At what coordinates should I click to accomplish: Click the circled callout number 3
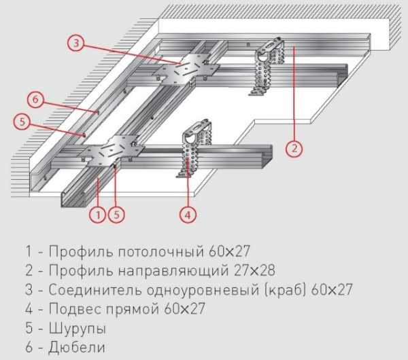[76, 43]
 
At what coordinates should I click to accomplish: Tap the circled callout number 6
[35, 98]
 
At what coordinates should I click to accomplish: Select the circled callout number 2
[294, 149]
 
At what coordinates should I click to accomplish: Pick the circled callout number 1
[98, 215]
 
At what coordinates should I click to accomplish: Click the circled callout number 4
[188, 215]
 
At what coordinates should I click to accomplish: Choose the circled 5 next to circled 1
[116, 215]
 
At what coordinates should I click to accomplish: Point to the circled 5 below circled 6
[22, 122]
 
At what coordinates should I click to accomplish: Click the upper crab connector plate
[185, 70]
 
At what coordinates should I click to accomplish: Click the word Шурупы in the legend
[78, 329]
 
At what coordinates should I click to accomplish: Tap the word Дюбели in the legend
[77, 347]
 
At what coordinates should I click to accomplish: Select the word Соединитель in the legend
[95, 290]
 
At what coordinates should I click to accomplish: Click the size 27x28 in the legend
[254, 270]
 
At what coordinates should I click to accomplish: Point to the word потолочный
[160, 251]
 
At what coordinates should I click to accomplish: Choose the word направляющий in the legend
[173, 271]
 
